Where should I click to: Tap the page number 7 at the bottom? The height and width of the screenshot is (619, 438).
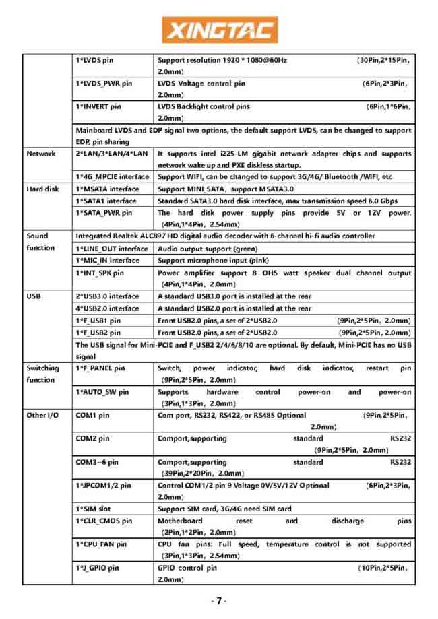(x=219, y=601)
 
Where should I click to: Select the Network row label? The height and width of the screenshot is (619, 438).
(x=41, y=154)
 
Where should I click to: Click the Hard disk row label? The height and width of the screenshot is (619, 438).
(x=43, y=189)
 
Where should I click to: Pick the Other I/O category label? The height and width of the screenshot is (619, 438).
(x=42, y=415)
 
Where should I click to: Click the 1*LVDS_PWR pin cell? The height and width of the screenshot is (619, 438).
(x=104, y=84)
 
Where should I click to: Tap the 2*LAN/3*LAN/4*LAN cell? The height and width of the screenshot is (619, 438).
(x=111, y=154)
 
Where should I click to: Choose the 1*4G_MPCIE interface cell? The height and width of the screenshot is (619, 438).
(x=113, y=177)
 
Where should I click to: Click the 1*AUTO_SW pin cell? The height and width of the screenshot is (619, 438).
(x=102, y=392)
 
